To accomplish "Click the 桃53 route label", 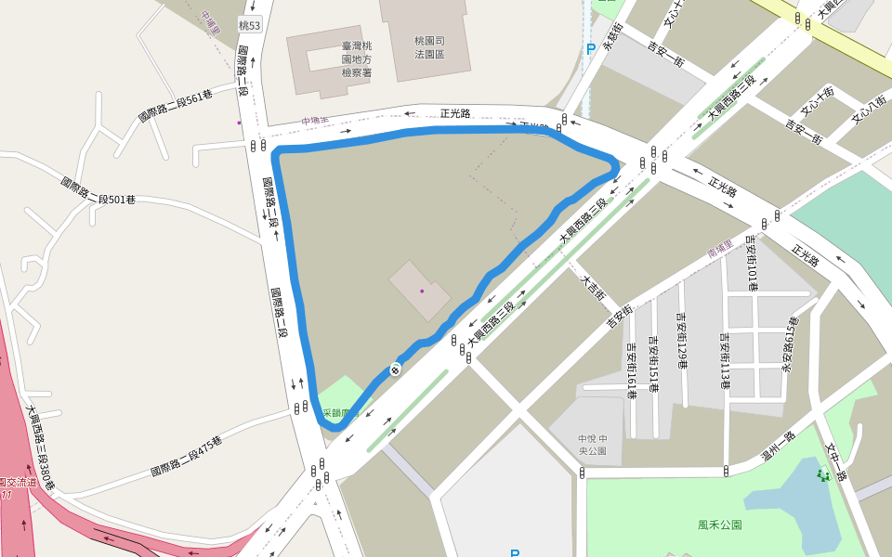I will [x=249, y=25].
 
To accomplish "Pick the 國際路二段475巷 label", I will [x=186, y=457].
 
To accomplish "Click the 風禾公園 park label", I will [x=720, y=525].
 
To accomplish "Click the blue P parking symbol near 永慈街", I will [x=590, y=49].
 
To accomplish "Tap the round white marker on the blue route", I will [x=395, y=370].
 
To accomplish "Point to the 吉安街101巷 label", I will [x=752, y=261].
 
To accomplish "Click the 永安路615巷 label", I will [x=791, y=344].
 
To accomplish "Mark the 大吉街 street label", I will [x=593, y=286].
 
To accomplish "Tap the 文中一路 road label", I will [x=837, y=460].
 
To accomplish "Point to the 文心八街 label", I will [x=868, y=110].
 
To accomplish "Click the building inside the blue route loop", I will [x=420, y=291].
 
